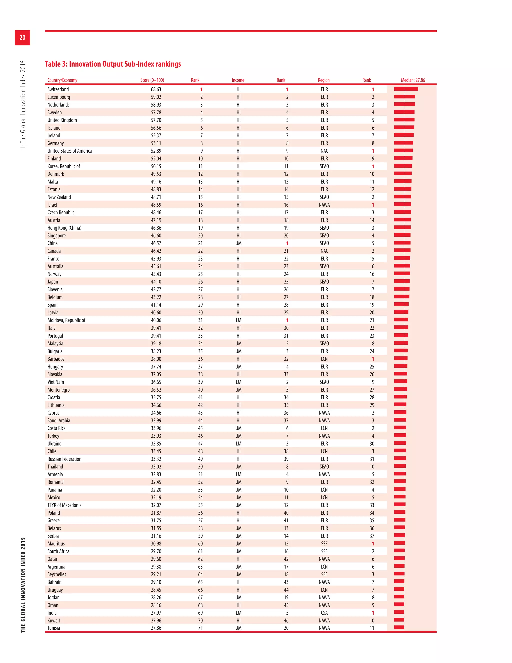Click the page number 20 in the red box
coord(22,37)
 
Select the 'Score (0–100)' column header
coord(152,80)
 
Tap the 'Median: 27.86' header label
coord(413,80)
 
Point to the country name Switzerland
coord(58,89)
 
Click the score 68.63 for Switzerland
coord(156,89)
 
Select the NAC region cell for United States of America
coord(324,151)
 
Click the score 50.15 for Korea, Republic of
coord(156,166)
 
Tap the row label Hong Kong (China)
coord(64,228)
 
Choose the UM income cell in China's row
coord(239,243)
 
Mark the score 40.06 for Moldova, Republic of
coord(156,320)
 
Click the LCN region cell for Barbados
coord(324,359)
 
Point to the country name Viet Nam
coord(56,382)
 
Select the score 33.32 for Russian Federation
coord(156,459)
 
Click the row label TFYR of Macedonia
coord(64,505)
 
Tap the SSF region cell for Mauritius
coord(324,544)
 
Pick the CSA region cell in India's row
coord(324,613)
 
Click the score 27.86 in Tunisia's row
coord(156,628)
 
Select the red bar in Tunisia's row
coord(399,627)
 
